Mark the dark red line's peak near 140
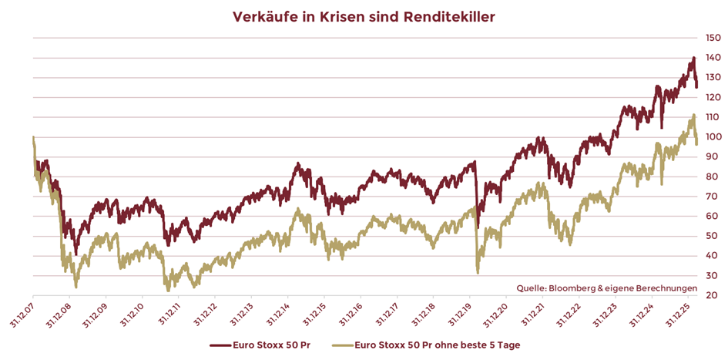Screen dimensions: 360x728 (x=693, y=58)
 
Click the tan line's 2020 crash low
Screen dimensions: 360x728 (x=478, y=272)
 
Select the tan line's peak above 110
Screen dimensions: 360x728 (x=693, y=116)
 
